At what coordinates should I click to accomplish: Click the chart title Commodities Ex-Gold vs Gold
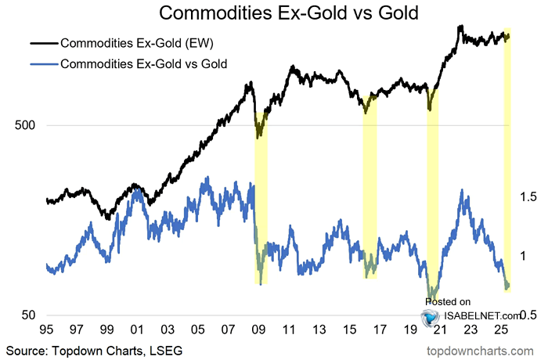[275, 13]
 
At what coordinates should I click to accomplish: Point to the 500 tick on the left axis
[28, 125]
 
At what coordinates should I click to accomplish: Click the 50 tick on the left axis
[31, 315]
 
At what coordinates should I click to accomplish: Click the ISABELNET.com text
[477, 315]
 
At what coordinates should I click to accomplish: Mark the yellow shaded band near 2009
[261, 196]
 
